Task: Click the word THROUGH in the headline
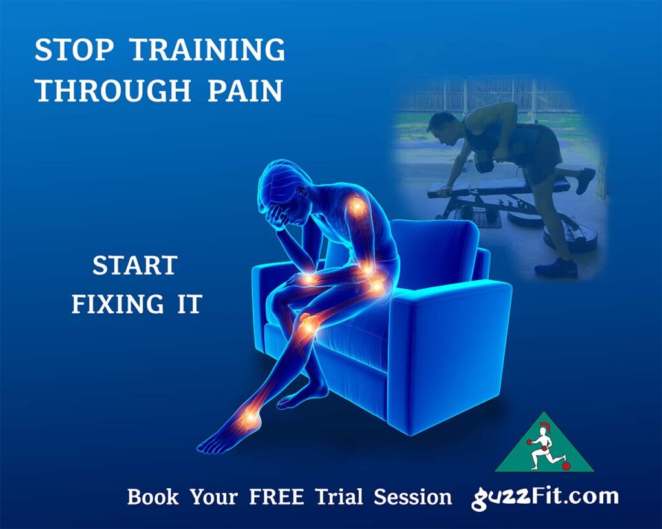click(112, 91)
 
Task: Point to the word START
click(134, 265)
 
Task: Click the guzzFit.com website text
click(545, 497)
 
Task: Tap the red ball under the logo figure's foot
click(566, 466)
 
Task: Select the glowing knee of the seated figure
click(309, 324)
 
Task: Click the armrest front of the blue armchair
click(446, 349)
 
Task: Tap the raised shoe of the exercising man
click(584, 180)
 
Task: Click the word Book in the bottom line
click(151, 497)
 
